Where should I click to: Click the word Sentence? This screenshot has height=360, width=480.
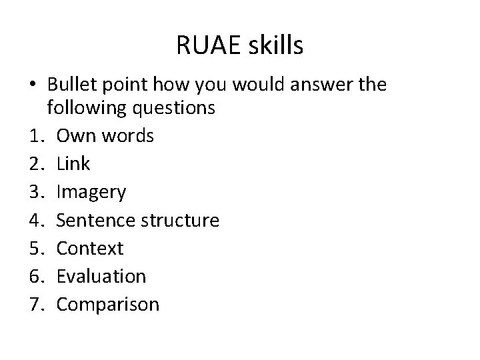95,220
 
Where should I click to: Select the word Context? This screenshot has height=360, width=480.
90,248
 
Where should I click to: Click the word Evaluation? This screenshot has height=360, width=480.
101,276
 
